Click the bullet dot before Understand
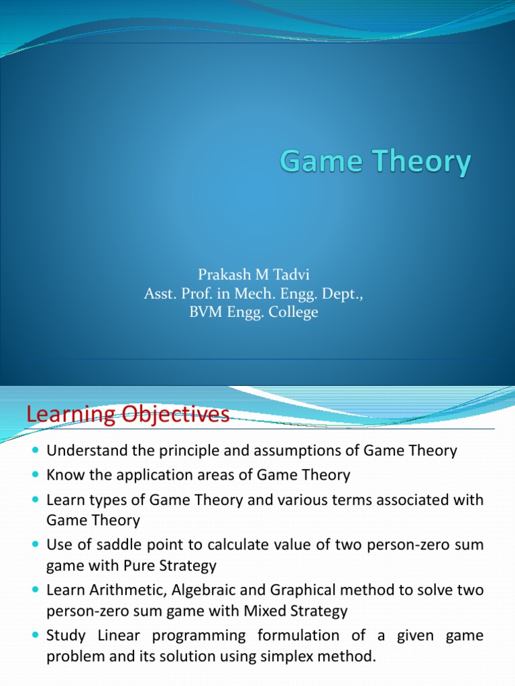coord(36,451)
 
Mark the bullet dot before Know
coord(36,476)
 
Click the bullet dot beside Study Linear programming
coord(36,635)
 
